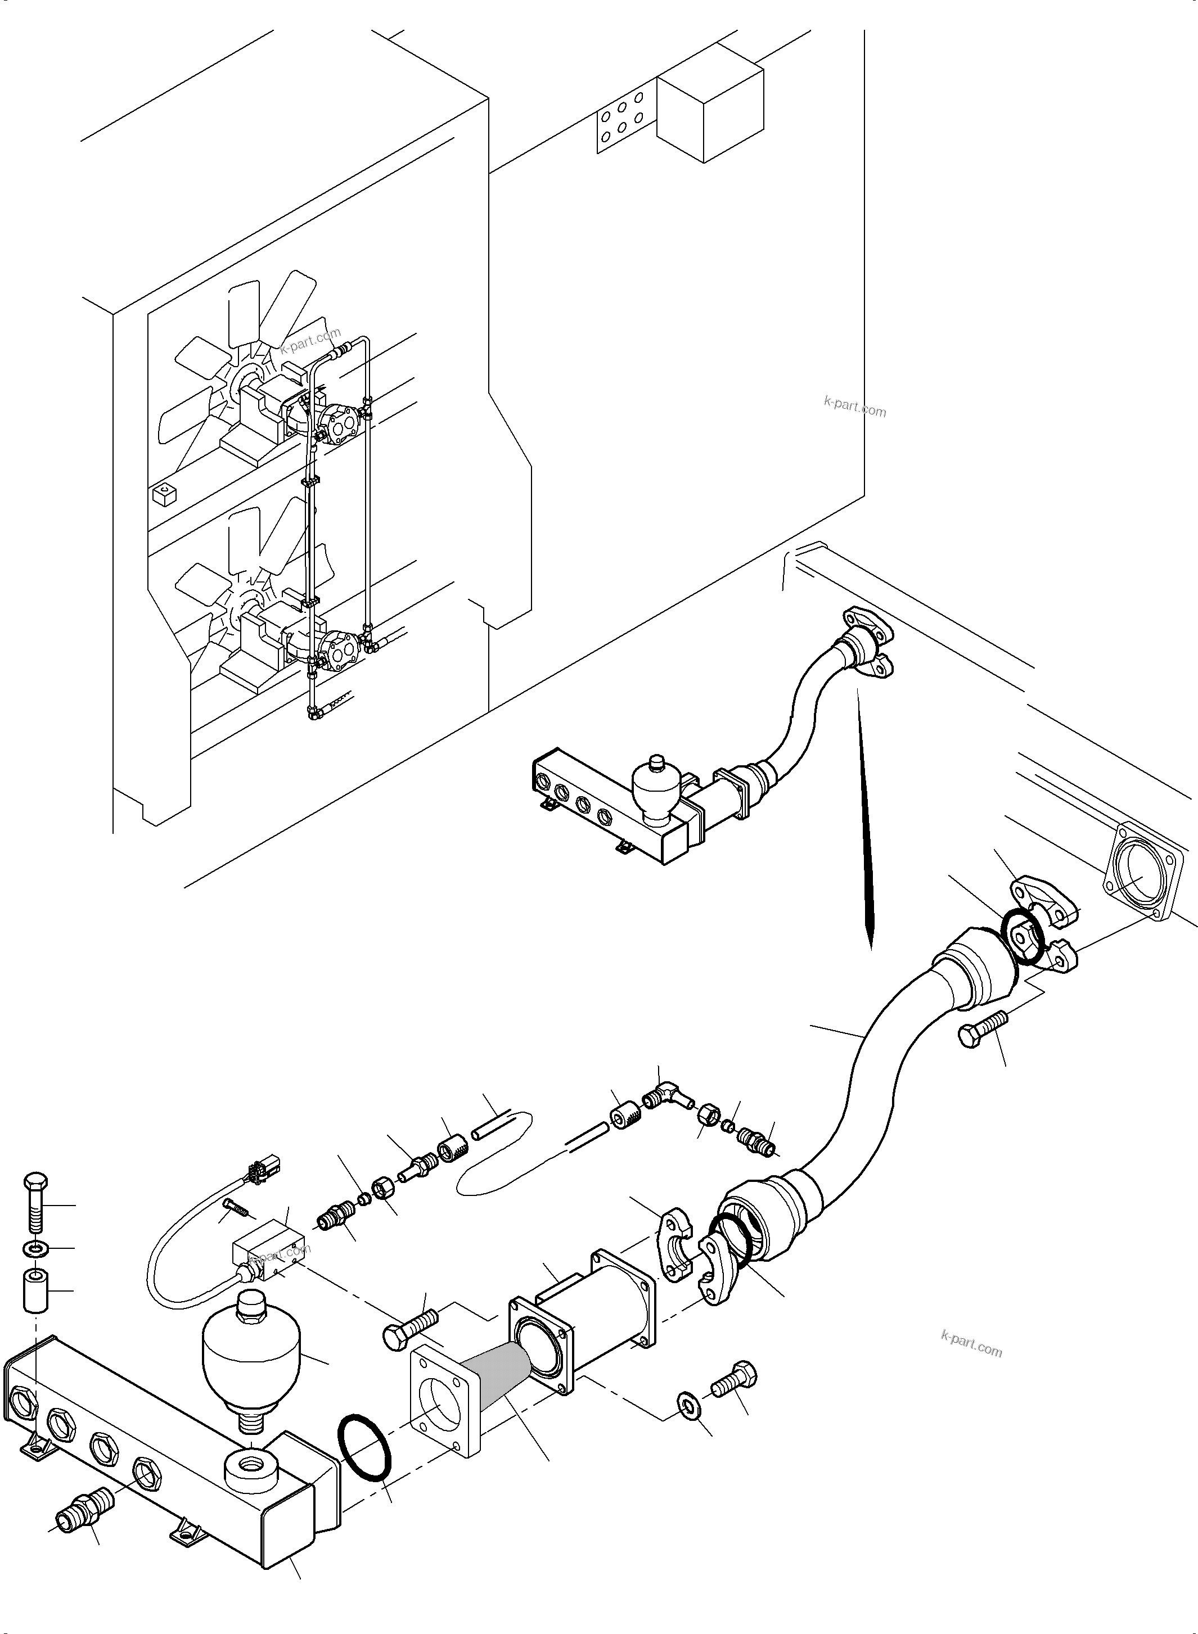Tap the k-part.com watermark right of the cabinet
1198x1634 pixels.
[855, 408]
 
